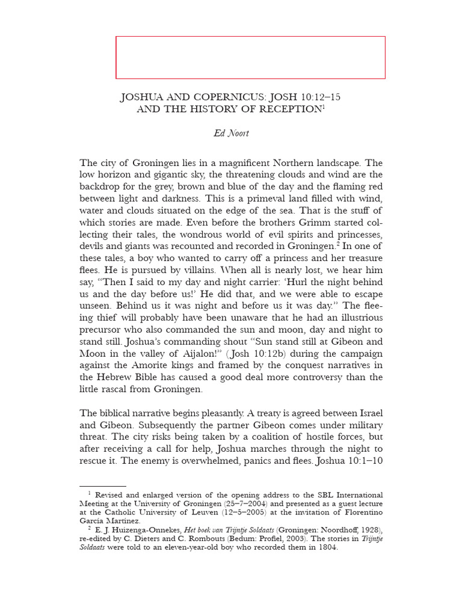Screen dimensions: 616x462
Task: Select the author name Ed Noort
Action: point(231,133)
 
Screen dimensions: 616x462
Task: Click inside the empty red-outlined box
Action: point(250,57)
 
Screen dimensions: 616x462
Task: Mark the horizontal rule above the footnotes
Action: point(103,486)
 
